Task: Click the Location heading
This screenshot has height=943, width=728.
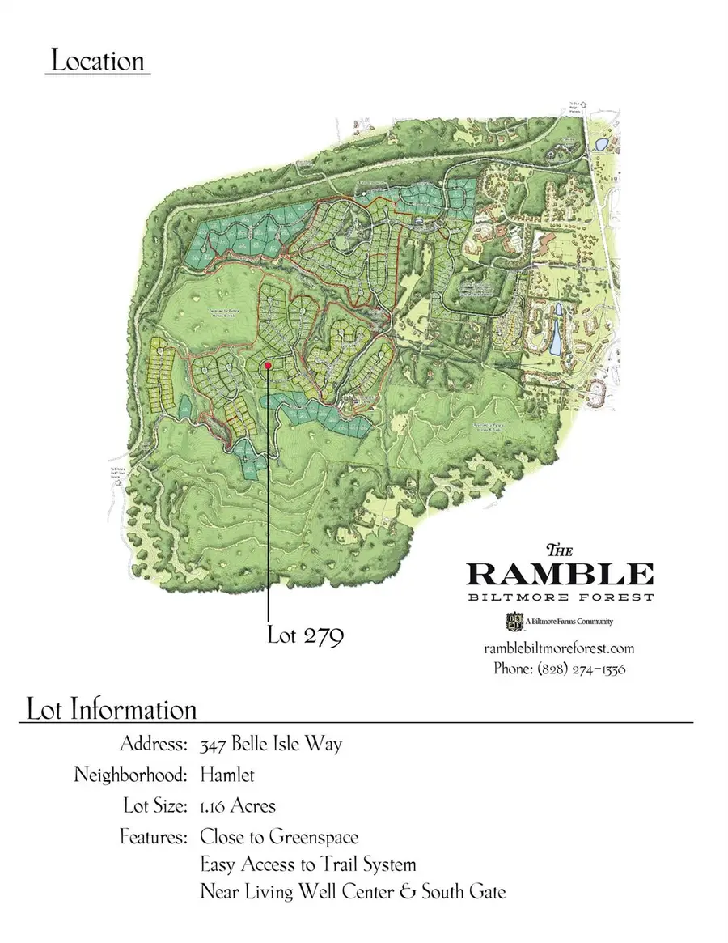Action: (98, 62)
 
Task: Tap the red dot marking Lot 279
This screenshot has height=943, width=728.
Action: (268, 367)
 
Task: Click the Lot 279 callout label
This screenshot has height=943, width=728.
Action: (306, 635)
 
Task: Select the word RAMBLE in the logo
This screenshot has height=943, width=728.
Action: (560, 574)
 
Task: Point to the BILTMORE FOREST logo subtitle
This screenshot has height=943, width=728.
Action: (560, 597)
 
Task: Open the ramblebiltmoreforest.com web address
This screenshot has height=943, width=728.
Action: (559, 648)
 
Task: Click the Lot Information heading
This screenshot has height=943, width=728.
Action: (112, 710)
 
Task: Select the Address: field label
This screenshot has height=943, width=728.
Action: (154, 744)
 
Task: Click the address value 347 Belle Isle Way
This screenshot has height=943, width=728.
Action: (271, 744)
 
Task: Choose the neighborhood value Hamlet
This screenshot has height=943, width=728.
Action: (227, 775)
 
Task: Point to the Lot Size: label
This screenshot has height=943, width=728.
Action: (154, 806)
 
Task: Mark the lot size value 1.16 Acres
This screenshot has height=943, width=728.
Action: (238, 806)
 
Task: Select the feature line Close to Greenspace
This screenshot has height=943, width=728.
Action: (279, 836)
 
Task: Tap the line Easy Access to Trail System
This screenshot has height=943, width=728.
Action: (308, 865)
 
